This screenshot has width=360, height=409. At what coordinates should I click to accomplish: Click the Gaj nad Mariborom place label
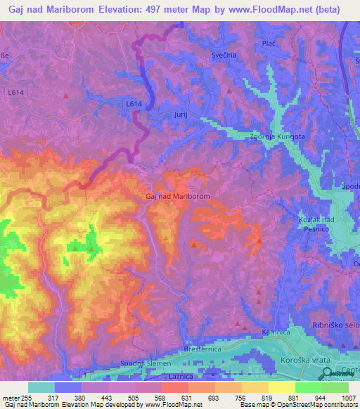tap(177, 197)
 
